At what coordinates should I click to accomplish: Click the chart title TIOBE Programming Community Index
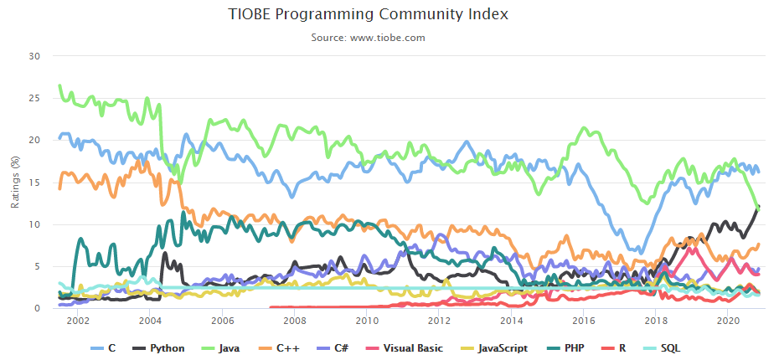coord(369,14)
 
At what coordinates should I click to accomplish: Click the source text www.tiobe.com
coord(369,38)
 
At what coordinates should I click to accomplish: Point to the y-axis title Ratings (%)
coord(14,183)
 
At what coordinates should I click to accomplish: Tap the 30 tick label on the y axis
coord(34,56)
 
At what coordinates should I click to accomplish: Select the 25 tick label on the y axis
coord(34,98)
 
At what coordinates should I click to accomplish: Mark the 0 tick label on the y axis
coord(37,308)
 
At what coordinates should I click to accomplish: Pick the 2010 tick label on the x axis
coord(367,321)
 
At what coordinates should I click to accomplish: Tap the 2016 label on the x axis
coord(584,321)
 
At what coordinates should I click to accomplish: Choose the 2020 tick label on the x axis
coord(729,321)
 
